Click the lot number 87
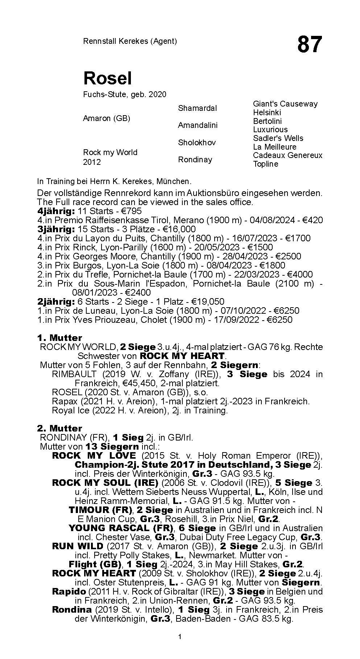309,45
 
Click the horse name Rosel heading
107,78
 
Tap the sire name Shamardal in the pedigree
197,108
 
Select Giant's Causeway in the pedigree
285,104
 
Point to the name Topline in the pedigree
265,164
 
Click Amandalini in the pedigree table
198,125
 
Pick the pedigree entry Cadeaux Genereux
287,155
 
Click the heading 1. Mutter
59,338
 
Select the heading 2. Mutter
59,429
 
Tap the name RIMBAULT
74,374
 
